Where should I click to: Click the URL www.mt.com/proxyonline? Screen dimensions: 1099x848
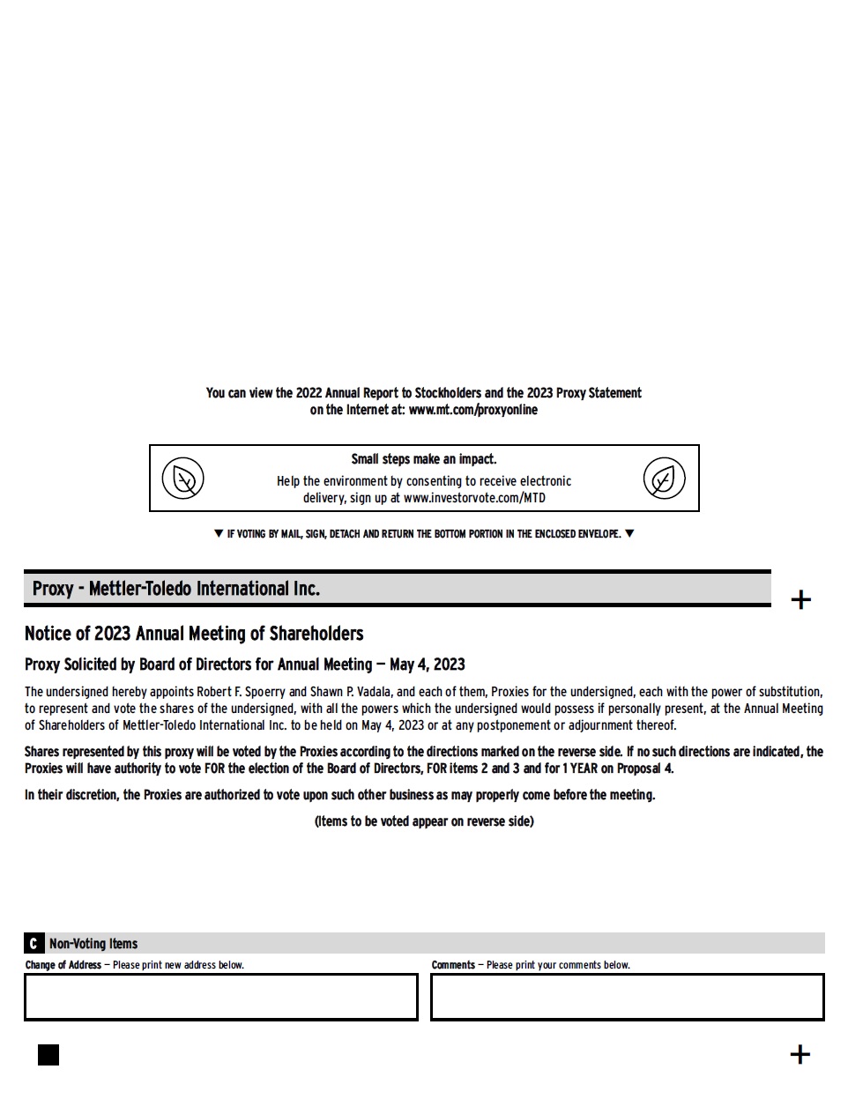point(472,410)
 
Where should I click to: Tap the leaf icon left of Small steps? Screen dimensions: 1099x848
point(183,479)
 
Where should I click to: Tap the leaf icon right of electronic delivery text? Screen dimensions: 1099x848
point(664,479)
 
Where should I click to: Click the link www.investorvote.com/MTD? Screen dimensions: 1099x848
point(474,498)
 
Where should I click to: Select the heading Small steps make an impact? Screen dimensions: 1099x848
point(424,459)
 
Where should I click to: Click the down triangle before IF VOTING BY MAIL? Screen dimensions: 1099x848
point(219,533)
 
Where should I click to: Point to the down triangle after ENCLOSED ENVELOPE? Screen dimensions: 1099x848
point(629,533)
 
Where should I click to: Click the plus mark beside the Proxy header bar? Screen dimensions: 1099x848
point(800,600)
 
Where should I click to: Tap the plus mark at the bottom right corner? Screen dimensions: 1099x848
point(800,1054)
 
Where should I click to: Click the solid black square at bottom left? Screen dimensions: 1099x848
point(48,1055)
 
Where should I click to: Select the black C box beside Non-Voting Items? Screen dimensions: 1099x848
point(33,943)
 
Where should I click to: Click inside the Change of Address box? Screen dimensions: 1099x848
point(220,997)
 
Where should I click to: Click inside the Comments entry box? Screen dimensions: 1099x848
point(627,997)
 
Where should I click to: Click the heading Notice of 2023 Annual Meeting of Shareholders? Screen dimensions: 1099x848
point(194,634)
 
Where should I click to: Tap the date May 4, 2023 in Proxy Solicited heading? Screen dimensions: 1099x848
point(428,665)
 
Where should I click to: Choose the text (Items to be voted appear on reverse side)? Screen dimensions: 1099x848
point(424,821)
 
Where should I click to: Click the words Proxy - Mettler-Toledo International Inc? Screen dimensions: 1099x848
point(176,589)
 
